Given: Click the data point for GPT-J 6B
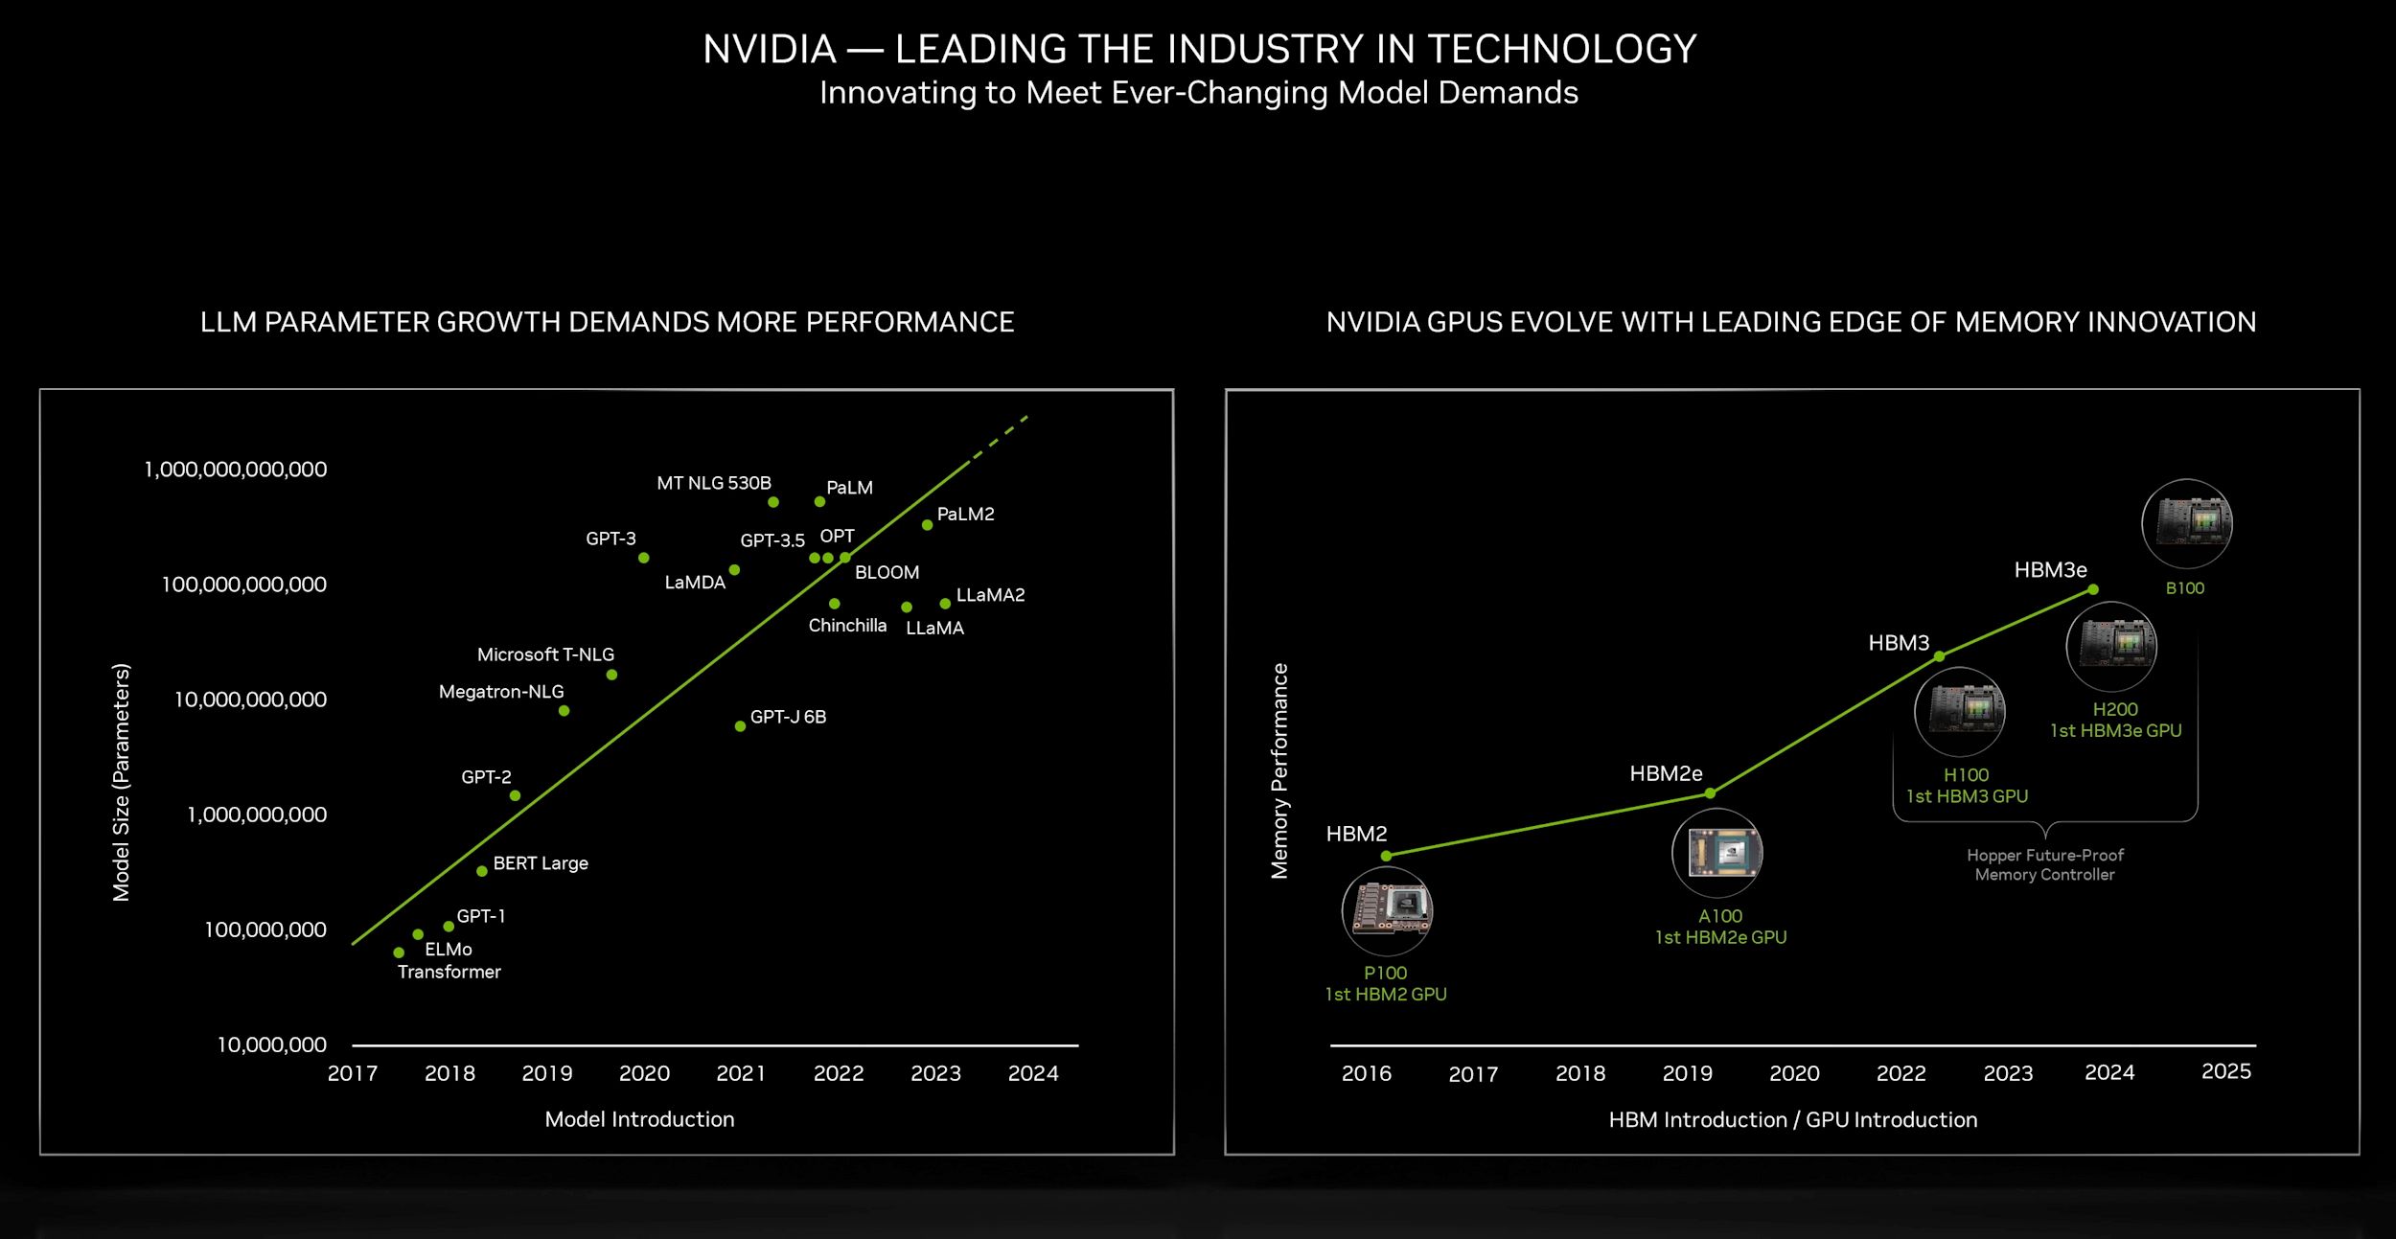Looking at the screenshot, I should pos(740,726).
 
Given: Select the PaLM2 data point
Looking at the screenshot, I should pos(927,525).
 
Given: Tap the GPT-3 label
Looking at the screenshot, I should pos(611,539).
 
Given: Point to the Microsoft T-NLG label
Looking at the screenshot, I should pos(545,654).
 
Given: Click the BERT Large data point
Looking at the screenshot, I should pos(482,871).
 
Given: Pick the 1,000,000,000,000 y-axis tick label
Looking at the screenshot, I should pos(235,470).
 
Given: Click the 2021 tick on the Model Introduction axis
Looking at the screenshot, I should pos(741,1073).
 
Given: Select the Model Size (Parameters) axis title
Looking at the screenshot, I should pos(121,782).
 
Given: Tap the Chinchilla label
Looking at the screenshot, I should pos(847,626).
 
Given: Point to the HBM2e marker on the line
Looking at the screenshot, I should pos(1710,793).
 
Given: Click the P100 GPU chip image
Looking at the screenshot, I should pos(1387,911).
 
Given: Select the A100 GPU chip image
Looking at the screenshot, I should pos(1716,853).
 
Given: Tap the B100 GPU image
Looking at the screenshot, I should pos(2186,524).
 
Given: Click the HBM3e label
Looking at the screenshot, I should pos(2050,570).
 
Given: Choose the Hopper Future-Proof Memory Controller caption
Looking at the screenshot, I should pos(2044,864).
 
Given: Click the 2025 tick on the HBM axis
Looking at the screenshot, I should pos(2225,1071).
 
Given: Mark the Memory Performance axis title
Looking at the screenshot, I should pos(1279,770).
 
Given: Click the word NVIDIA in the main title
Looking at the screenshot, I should pos(770,49).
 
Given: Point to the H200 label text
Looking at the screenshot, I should pos(2115,709).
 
